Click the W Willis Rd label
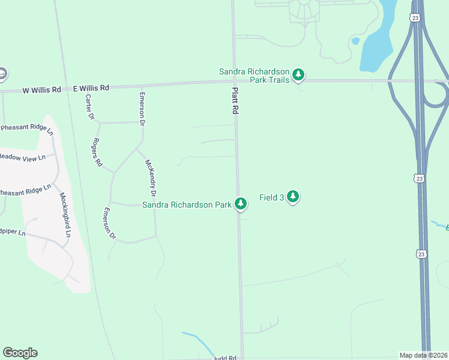click(x=42, y=90)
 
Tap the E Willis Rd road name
click(x=91, y=88)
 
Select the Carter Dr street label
click(x=90, y=107)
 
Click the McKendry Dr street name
click(x=149, y=178)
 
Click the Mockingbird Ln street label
click(x=65, y=214)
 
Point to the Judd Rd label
click(x=224, y=357)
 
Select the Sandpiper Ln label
click(x=12, y=232)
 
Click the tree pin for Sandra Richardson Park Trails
click(x=298, y=76)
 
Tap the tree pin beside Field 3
click(x=292, y=196)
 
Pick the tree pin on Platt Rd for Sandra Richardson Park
click(x=241, y=204)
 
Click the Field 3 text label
click(x=271, y=197)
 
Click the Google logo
click(x=20, y=353)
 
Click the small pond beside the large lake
click(x=355, y=41)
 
